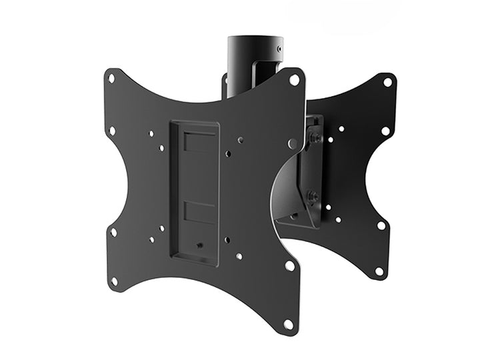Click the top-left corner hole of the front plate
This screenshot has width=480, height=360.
click(x=111, y=79)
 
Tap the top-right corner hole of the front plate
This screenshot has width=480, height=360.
click(x=293, y=79)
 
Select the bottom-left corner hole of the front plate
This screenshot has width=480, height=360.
click(x=114, y=281)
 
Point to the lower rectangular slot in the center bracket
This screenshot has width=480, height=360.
click(x=200, y=211)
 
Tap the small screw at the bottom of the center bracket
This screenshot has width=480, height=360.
click(x=200, y=245)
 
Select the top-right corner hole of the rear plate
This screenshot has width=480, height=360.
click(x=387, y=82)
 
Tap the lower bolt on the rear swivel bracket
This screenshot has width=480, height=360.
click(x=311, y=197)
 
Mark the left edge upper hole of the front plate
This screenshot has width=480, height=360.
click(x=112, y=131)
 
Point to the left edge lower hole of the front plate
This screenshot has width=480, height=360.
click(x=113, y=232)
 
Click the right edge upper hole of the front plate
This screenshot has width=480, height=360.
click(x=292, y=143)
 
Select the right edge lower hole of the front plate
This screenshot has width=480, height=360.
click(x=289, y=265)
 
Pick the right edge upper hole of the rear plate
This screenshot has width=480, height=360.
click(x=385, y=131)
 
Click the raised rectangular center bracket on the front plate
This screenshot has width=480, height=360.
click(x=194, y=192)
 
